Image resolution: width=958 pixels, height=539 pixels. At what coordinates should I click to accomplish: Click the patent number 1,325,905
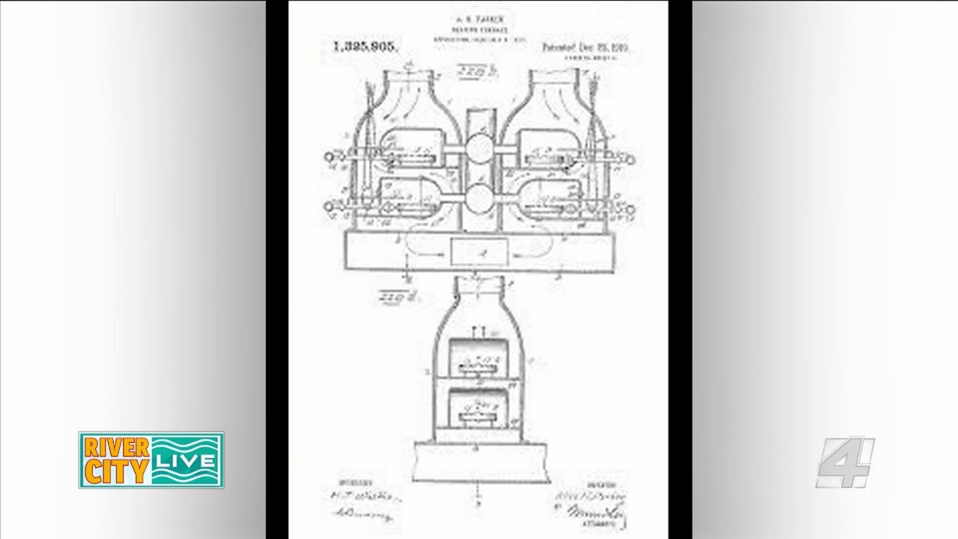365,46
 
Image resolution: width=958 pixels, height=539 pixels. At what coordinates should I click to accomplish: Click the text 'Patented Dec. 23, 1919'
585,46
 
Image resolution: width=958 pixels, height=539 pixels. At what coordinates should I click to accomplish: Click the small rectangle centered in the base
479,253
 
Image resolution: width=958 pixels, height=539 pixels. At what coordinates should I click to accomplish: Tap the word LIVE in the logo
186,460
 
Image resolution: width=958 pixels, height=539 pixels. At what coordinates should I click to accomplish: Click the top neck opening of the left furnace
408,74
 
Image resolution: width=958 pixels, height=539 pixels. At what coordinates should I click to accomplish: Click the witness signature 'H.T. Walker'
365,496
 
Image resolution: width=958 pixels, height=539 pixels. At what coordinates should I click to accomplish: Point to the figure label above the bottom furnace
398,297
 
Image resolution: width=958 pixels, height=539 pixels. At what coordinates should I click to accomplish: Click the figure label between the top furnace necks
478,73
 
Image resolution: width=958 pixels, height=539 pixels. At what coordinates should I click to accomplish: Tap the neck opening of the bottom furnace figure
480,283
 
